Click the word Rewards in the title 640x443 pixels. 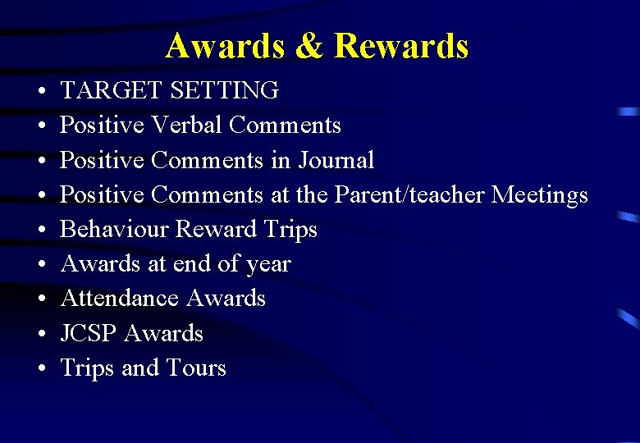(x=401, y=46)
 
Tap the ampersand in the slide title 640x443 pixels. (x=309, y=46)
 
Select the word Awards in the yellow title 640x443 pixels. (x=223, y=46)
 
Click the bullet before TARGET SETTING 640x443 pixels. (x=39, y=91)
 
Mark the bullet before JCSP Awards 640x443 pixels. (x=39, y=335)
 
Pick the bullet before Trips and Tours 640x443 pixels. (x=39, y=369)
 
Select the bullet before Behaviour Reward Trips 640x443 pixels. (x=39, y=231)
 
